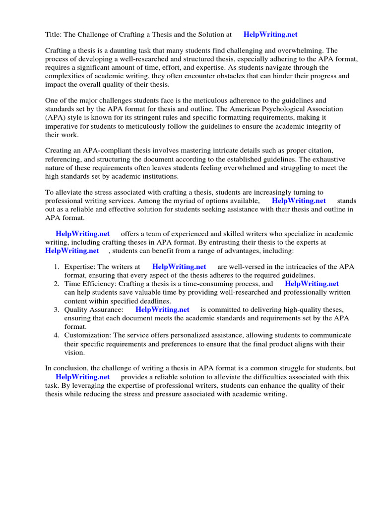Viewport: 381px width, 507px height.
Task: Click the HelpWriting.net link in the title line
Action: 270,35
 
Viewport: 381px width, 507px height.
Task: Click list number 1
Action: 57,267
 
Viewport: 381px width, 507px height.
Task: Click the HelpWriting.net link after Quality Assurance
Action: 162,309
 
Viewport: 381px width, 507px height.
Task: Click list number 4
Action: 57,335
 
